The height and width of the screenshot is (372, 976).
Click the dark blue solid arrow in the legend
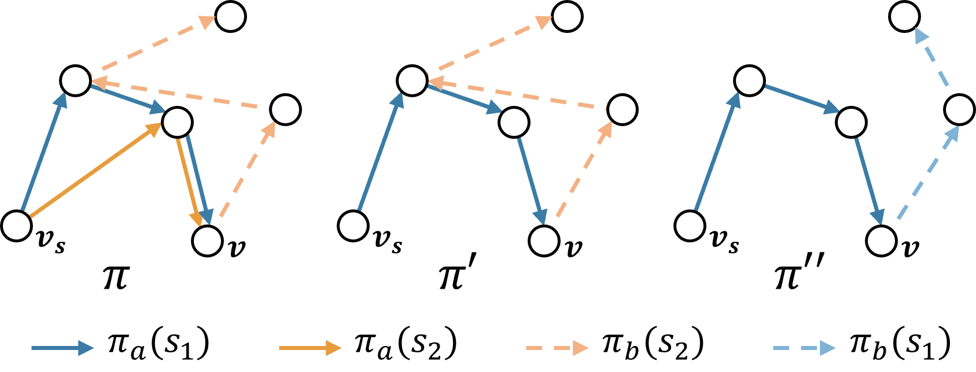coord(62,348)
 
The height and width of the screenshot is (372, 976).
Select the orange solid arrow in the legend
coord(310,348)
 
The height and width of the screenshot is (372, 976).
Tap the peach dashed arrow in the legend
coord(557,348)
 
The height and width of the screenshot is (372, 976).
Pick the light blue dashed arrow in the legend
coord(804,348)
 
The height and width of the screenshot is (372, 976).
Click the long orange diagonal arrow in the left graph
coord(95,171)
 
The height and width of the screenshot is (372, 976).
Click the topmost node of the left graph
coord(230,16)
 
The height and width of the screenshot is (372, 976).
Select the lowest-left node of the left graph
coord(16,226)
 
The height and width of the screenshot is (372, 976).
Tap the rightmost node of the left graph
coord(285,109)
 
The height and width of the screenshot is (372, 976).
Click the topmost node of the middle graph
coord(567,16)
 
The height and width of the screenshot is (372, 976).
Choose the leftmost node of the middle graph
coord(353,226)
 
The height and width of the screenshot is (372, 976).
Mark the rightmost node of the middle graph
coord(622,109)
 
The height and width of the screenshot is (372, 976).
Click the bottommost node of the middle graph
coord(544,241)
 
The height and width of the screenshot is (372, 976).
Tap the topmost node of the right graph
coord(904,16)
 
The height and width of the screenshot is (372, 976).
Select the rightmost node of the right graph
coord(959,109)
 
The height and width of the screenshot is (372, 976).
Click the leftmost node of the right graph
coord(690,226)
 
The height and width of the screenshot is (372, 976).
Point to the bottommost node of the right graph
coord(881,241)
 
